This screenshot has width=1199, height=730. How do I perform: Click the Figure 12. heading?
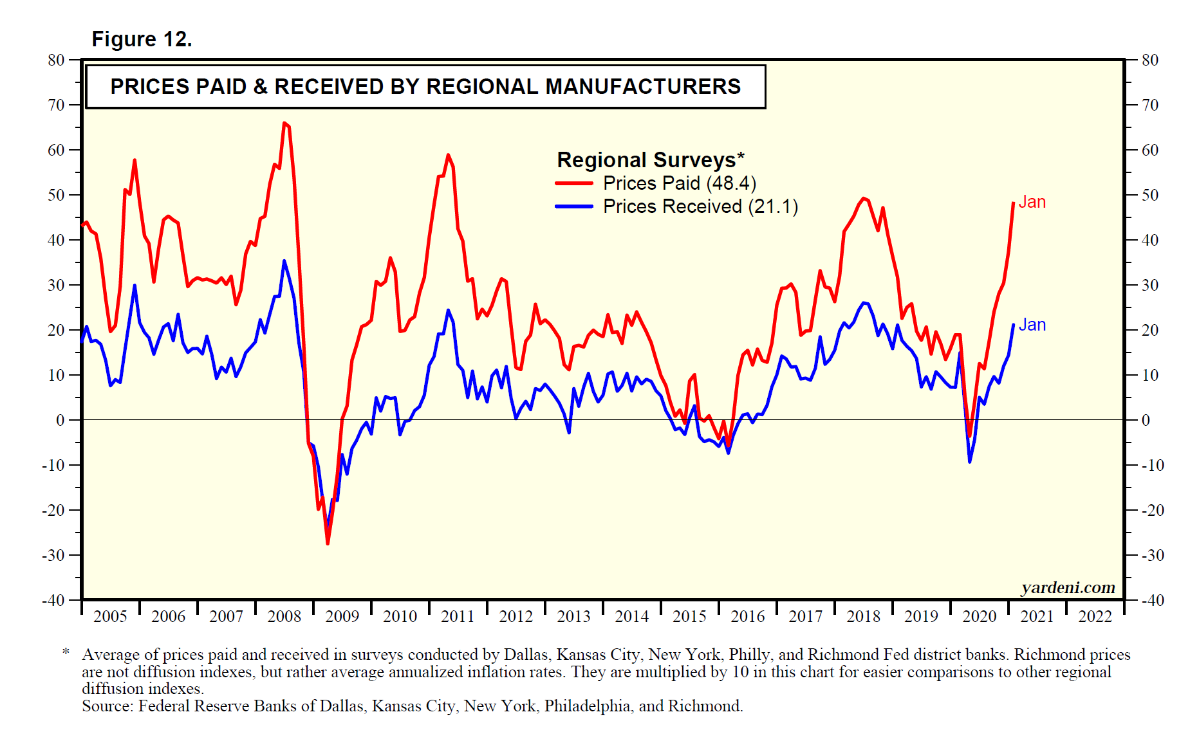(142, 39)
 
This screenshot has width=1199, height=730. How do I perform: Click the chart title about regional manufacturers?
(425, 87)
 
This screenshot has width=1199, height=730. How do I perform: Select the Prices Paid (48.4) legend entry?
(679, 183)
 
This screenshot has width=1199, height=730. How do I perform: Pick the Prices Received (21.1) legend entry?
(700, 206)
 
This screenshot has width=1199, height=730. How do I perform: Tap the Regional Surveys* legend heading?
(650, 160)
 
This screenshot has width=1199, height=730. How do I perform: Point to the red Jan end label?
(1032, 202)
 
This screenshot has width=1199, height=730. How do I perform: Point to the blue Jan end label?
(1032, 325)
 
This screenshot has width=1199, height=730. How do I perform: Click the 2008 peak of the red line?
(284, 123)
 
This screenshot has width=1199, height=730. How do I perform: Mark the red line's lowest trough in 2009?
(328, 543)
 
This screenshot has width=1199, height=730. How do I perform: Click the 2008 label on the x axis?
(284, 616)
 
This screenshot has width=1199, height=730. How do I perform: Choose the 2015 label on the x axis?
(689, 616)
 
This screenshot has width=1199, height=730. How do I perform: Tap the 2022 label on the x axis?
(1095, 616)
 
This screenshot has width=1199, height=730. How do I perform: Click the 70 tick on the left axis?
(56, 105)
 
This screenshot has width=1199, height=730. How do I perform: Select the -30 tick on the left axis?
(53, 555)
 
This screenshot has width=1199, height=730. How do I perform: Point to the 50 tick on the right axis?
(1149, 195)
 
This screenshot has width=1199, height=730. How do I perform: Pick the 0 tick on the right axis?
(1146, 420)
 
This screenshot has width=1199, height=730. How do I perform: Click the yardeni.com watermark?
(1068, 587)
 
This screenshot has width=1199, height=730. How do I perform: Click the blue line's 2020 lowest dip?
(970, 462)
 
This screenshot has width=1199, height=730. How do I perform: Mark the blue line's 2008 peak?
(284, 260)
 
